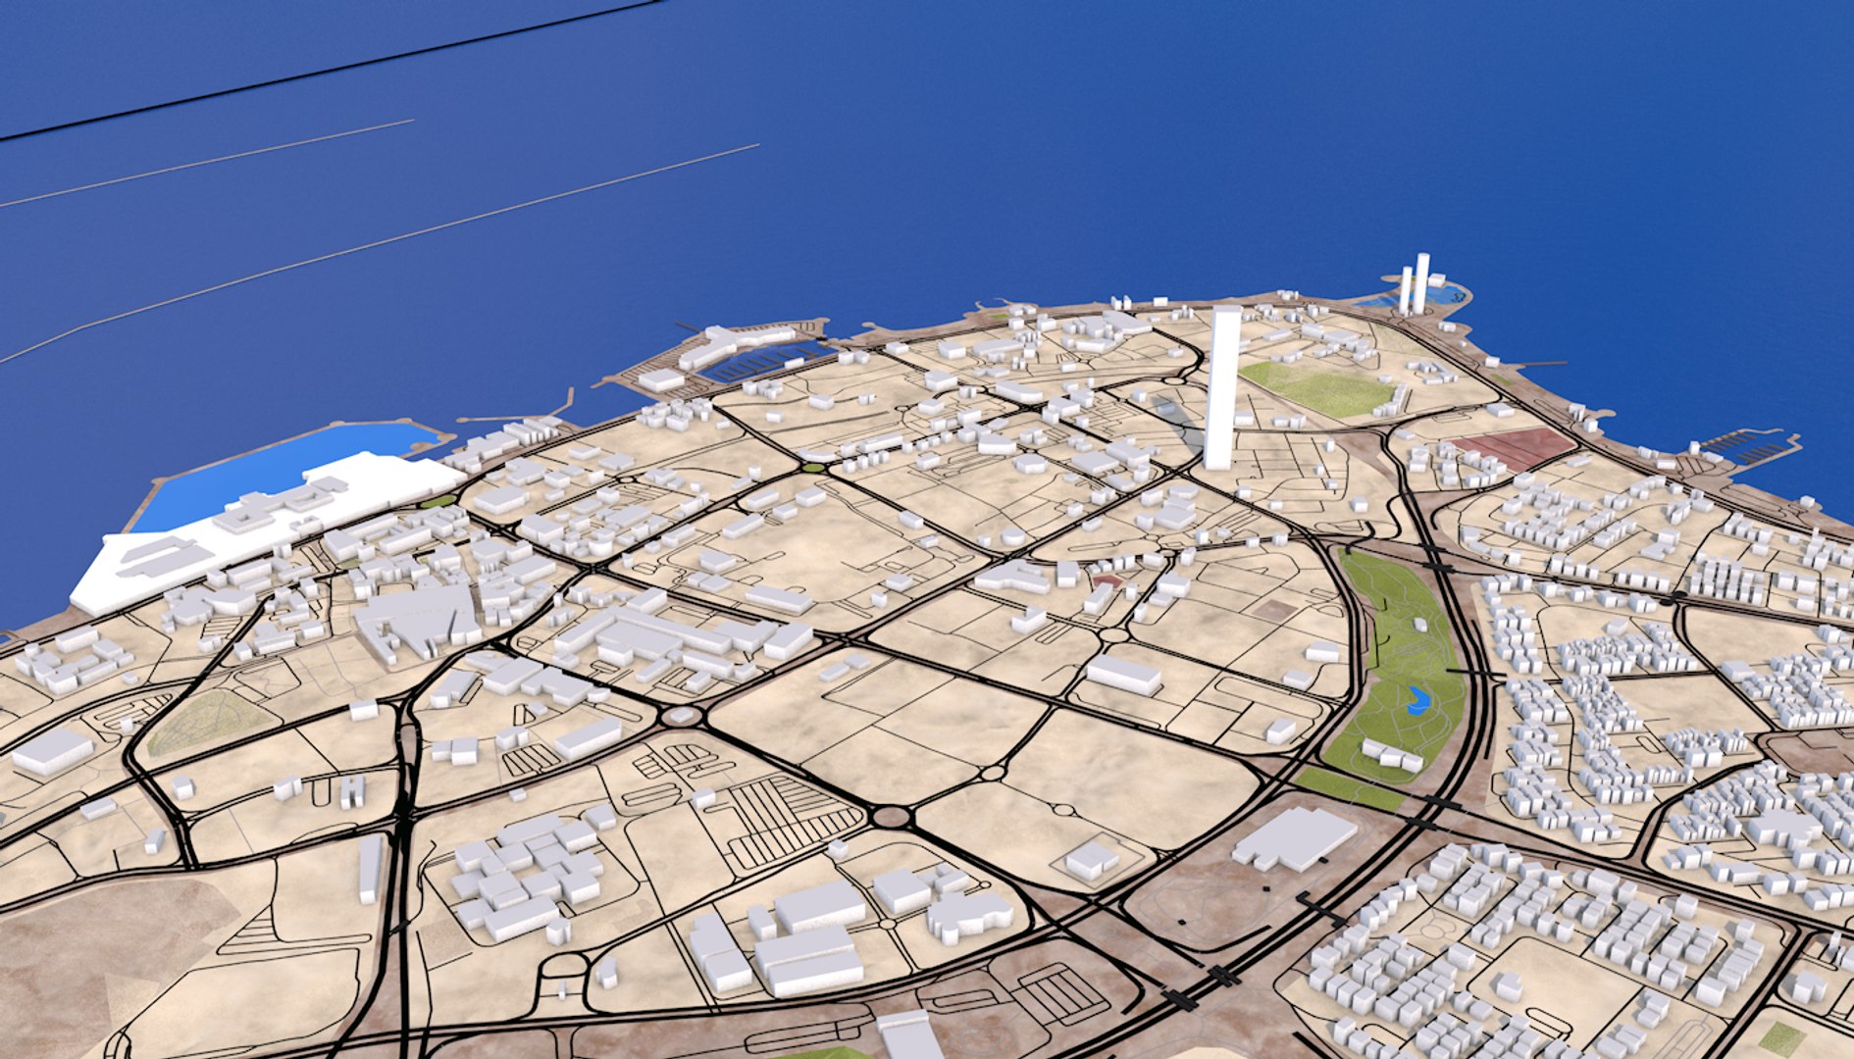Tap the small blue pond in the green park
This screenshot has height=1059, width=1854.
click(1416, 700)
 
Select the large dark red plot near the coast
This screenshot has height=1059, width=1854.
click(1514, 447)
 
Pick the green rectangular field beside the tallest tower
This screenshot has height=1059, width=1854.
click(1319, 389)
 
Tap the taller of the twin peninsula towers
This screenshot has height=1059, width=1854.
click(1421, 282)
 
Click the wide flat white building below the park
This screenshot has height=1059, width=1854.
click(1295, 839)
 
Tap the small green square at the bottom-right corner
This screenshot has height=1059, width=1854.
click(1780, 1037)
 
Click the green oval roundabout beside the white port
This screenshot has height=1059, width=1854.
click(438, 501)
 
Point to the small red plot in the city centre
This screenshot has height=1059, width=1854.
click(1107, 581)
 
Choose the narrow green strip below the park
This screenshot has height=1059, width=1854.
click(1349, 787)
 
